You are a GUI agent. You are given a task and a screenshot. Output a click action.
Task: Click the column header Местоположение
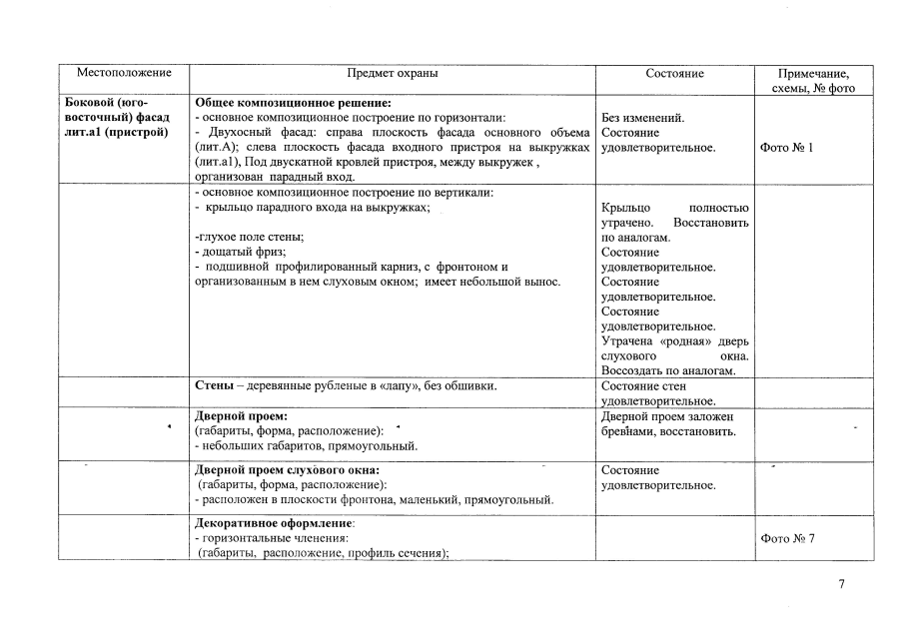125,73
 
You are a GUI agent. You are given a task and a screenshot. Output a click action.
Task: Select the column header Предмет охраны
392,73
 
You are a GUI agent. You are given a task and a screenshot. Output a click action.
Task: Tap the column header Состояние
674,73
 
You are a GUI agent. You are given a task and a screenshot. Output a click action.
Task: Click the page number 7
841,585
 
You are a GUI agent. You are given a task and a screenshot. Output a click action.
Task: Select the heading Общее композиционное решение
293,103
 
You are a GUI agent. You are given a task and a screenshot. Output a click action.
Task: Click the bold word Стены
215,385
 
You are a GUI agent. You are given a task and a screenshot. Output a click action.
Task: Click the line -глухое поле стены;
250,237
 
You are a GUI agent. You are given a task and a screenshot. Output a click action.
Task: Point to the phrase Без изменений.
643,118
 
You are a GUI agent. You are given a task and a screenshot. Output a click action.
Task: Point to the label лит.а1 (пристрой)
116,133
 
